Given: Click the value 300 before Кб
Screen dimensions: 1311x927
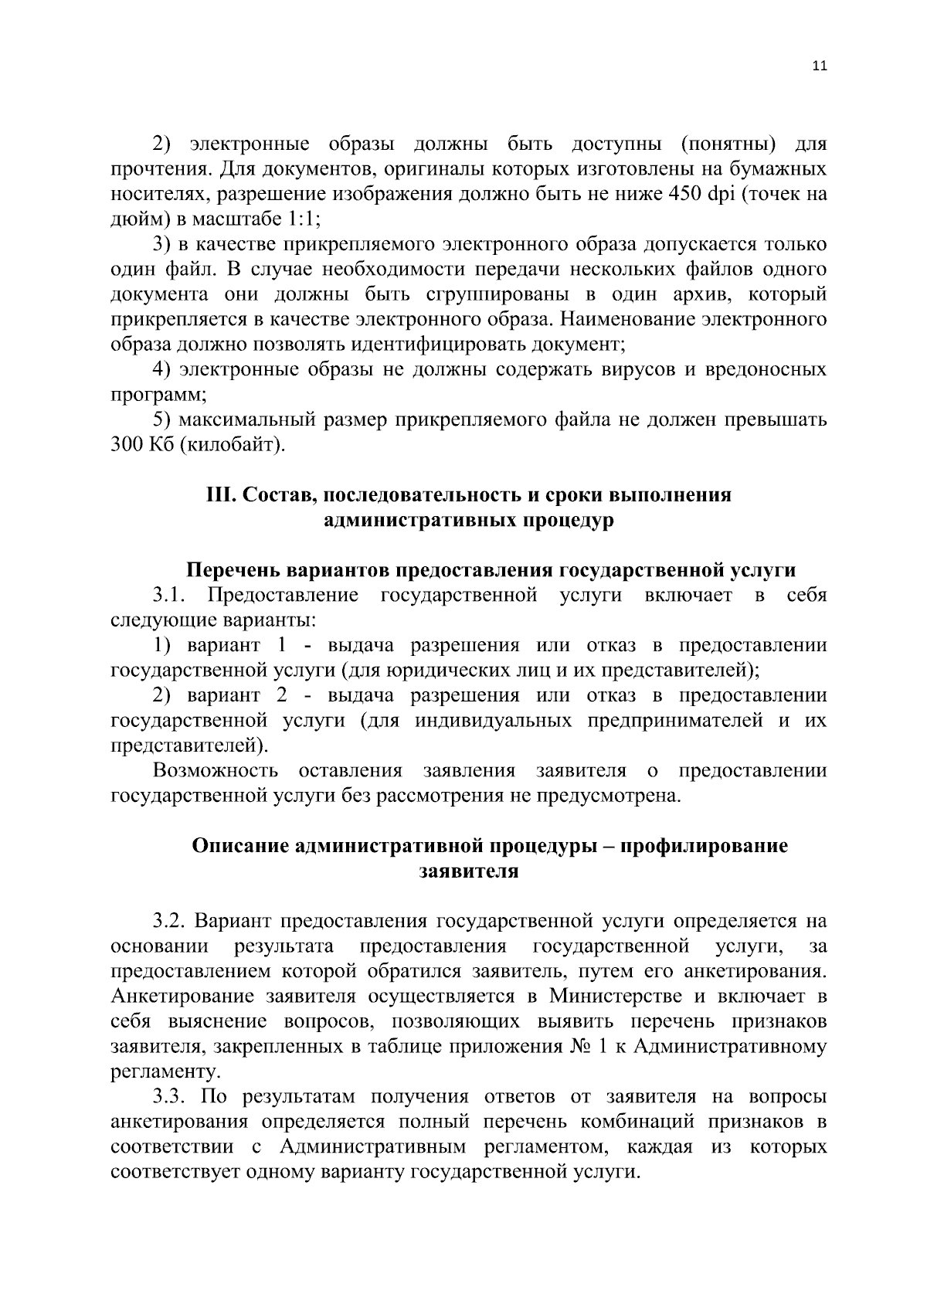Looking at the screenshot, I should pos(124,445).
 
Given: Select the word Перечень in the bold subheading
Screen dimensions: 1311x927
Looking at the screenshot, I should pos(234,570).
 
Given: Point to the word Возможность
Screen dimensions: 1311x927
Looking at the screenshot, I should pos(216,771).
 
